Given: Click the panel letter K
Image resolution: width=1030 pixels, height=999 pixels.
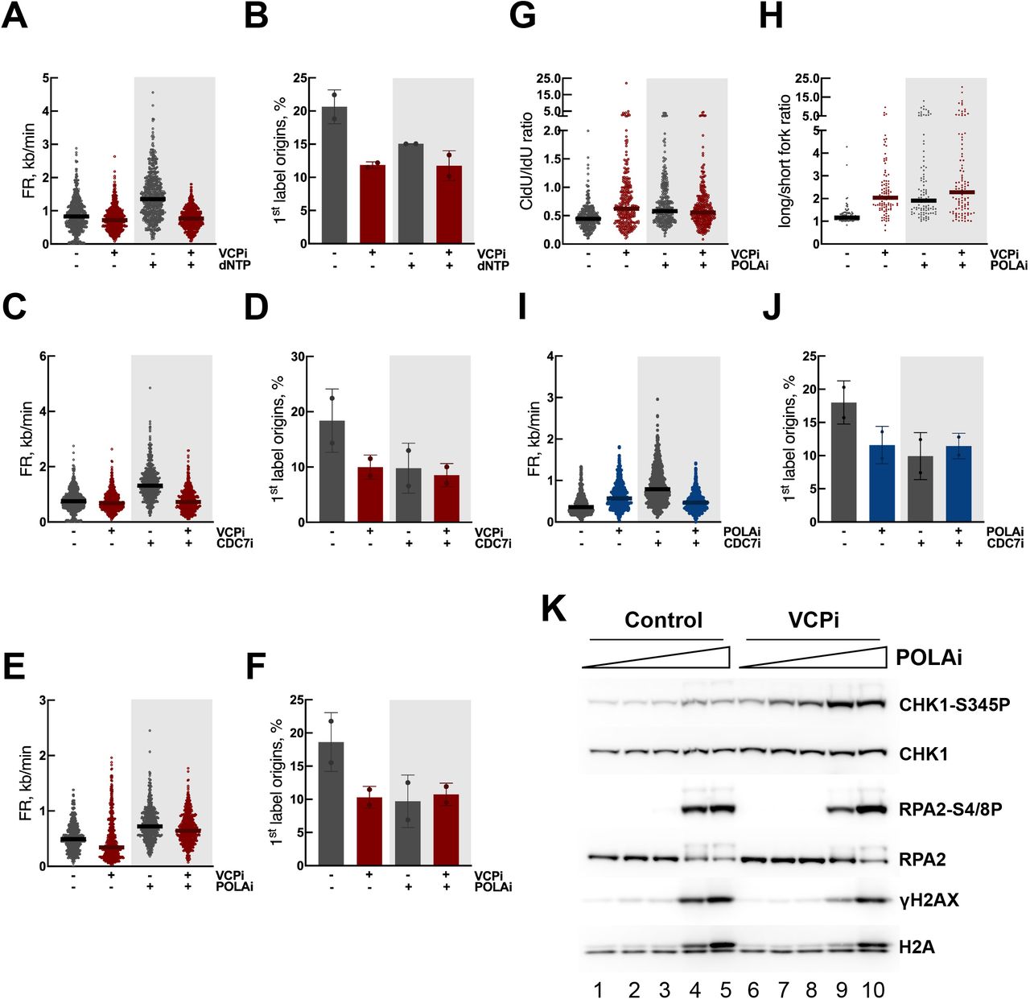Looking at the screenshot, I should pyautogui.click(x=554, y=609).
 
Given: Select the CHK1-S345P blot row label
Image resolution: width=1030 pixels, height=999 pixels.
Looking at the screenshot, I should pyautogui.click(x=954, y=705).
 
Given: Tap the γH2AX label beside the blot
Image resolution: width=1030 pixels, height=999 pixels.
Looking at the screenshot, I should pyautogui.click(x=929, y=901).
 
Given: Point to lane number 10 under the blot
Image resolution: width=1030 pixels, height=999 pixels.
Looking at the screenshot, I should pyautogui.click(x=871, y=989).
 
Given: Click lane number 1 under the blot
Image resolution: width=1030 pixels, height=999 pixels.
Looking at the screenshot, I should pyautogui.click(x=599, y=989).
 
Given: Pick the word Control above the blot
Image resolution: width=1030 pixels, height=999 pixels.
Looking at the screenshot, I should pyautogui.click(x=663, y=621).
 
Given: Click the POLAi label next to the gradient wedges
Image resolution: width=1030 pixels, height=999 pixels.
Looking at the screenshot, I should pyautogui.click(x=929, y=658).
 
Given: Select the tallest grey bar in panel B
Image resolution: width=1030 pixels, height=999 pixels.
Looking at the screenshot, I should pyautogui.click(x=335, y=175).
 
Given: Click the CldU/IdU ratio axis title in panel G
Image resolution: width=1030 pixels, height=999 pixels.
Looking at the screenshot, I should pyautogui.click(x=528, y=160).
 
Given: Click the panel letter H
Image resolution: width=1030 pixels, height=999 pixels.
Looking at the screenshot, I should pyautogui.click(x=771, y=16).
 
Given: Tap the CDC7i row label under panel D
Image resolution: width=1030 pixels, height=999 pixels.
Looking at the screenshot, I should pyautogui.click(x=493, y=543).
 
